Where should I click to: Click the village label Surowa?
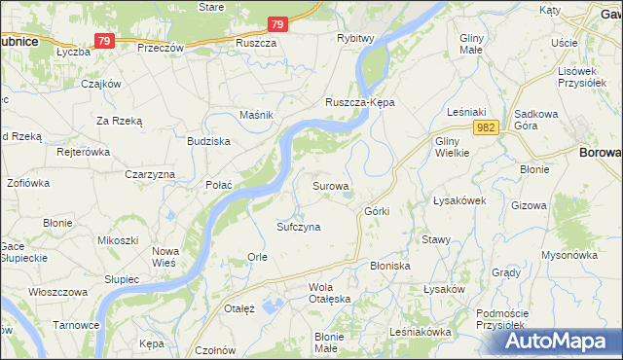pos(331,184)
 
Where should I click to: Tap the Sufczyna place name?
pos(299,226)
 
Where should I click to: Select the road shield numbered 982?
pos(488,127)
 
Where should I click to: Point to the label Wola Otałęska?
pos(327,293)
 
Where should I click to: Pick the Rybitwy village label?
pos(355,38)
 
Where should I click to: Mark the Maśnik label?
pos(256,115)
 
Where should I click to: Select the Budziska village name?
pos(208,141)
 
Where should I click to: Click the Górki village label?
pos(377,211)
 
